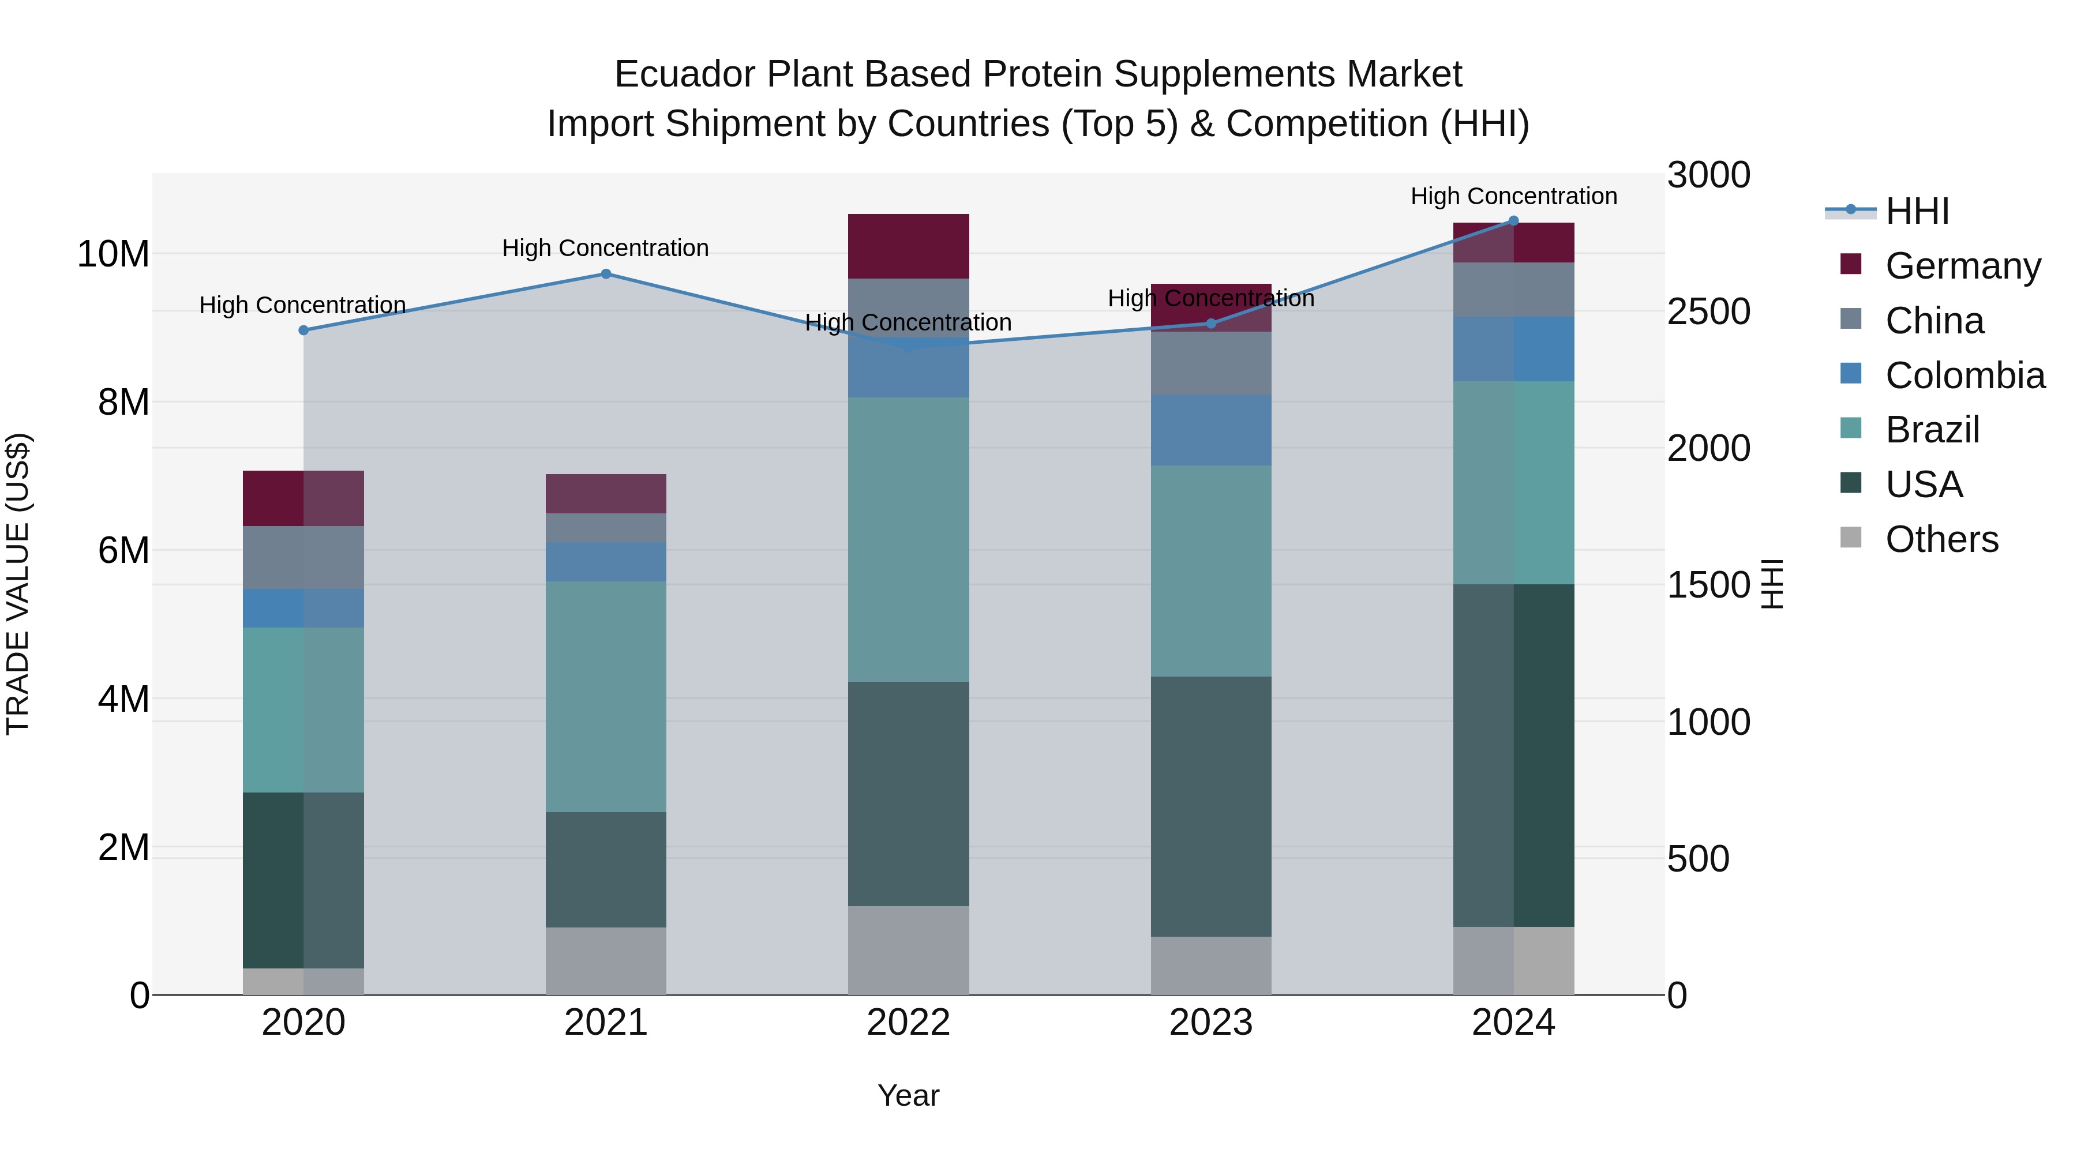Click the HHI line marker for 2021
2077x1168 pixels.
(x=606, y=274)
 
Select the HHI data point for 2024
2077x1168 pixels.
(x=1513, y=221)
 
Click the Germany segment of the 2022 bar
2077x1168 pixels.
(x=908, y=246)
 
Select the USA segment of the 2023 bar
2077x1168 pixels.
(x=1210, y=806)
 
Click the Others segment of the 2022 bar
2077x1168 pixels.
(x=908, y=951)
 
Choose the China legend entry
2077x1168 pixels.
(x=1933, y=321)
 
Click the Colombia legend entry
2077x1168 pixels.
(x=1964, y=375)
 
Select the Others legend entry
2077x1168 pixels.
(x=1941, y=539)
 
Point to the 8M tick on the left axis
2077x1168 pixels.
(x=123, y=402)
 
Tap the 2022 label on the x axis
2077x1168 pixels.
(x=908, y=1023)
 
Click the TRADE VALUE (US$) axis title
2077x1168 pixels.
(x=18, y=584)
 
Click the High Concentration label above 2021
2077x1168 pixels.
(x=606, y=248)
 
